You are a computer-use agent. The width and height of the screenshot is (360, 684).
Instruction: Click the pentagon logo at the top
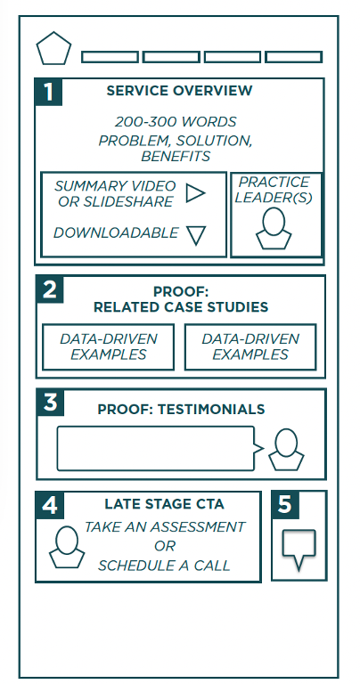coord(53,49)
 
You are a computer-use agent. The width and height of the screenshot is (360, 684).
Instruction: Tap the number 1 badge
coord(48,92)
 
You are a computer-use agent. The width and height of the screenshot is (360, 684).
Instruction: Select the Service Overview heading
coord(179,91)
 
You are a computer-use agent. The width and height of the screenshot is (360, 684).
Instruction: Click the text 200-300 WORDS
coord(176,122)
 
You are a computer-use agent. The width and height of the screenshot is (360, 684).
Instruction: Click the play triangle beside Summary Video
coord(194,192)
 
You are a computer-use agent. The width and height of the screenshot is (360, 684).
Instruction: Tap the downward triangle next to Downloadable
coord(196,235)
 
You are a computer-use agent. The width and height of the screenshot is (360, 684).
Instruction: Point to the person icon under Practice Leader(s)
coord(274,229)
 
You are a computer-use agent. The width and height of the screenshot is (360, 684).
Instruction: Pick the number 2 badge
coord(50,289)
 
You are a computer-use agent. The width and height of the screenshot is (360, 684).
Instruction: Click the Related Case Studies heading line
coord(181,307)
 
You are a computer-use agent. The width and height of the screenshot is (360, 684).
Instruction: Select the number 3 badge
coord(50,403)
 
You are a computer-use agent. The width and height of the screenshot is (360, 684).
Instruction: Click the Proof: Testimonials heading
coord(181,410)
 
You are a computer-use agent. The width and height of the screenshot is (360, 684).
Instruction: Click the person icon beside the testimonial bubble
coord(286,450)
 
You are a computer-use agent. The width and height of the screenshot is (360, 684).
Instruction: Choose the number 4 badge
coord(49,505)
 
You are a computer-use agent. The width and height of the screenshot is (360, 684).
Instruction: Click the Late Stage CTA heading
coord(164,505)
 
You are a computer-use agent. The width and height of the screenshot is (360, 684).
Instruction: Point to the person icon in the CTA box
coord(67,547)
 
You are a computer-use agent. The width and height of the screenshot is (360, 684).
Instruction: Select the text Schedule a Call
coord(164,566)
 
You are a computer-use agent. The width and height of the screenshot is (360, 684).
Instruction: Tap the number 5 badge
coord(285,505)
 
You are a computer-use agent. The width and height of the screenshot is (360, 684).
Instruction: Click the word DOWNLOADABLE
coord(116,233)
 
